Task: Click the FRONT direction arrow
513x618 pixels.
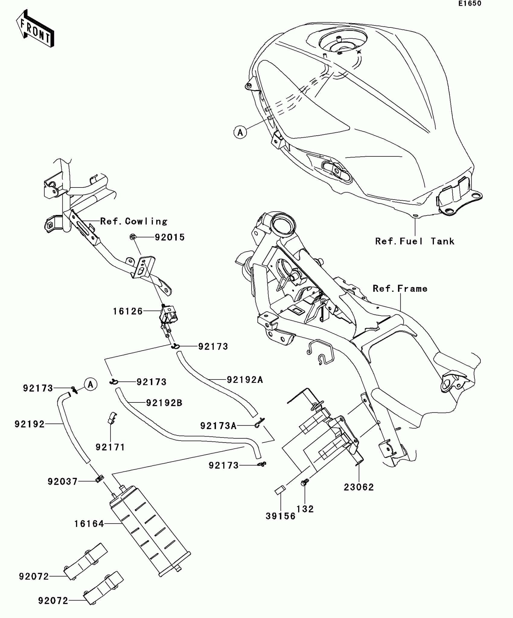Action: pos(35,29)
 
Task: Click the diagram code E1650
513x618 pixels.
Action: pos(470,4)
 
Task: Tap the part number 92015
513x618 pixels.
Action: pos(170,238)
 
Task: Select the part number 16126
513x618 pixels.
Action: pos(128,311)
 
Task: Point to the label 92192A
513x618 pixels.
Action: pos(245,380)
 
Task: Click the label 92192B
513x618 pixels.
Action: pos(164,403)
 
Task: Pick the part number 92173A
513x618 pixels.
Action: pos(218,426)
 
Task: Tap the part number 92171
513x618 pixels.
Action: pos(110,447)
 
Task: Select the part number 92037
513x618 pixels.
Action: pos(63,481)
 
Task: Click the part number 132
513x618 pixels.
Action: pos(305,509)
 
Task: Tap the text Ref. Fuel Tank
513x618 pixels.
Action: pos(415,241)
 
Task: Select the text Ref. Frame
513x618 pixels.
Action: pos(400,289)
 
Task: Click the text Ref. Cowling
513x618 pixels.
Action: pos(134,221)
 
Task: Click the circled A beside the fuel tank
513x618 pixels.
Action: pos(240,132)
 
